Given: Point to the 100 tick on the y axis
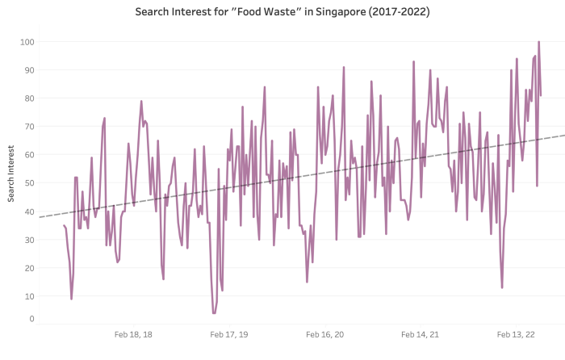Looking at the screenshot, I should pos(27,42).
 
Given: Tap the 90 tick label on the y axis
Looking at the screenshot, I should pos(28,70).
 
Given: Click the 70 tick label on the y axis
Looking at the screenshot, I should pos(28,127).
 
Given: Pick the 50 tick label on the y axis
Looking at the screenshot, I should pos(28,183).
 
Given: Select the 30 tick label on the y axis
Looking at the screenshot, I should pos(28,240).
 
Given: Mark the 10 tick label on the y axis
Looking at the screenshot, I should pos(28,296).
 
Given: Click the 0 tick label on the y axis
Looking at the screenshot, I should pos(31,319).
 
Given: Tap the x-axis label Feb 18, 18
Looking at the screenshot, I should pos(133,334).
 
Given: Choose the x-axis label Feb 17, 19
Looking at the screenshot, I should pos(229,334).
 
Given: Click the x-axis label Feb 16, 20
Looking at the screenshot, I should pos(324,334).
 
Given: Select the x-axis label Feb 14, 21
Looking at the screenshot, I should pos(420,334).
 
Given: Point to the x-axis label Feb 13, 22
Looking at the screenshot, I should pos(516,334).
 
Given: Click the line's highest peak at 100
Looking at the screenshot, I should pos(538,42).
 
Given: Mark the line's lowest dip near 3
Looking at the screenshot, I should pos(214,313).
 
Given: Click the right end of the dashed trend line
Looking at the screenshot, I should pos(564,135).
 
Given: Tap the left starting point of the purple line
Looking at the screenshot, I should pos(64,225).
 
